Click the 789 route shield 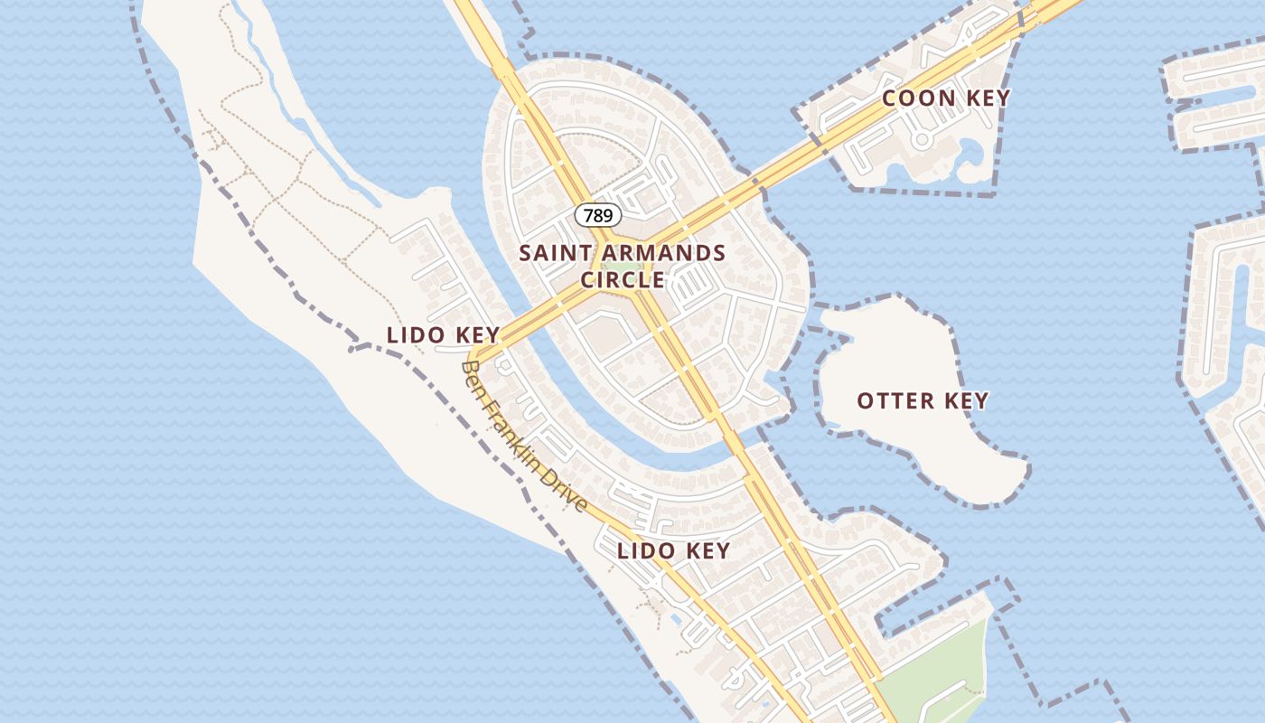(x=598, y=215)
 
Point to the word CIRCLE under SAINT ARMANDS (x=623, y=280)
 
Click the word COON (x=913, y=99)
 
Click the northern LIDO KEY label (x=443, y=334)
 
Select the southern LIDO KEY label (x=673, y=550)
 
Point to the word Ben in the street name (x=472, y=377)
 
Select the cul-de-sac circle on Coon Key (x=922, y=140)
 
